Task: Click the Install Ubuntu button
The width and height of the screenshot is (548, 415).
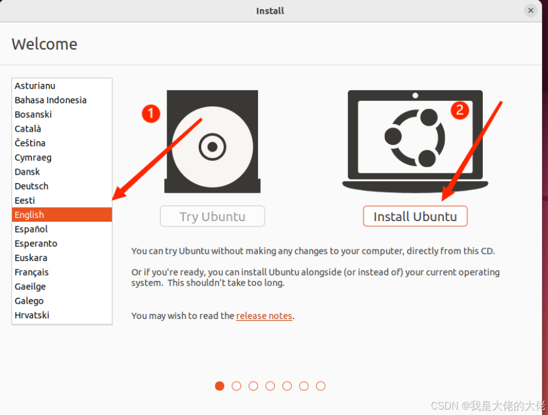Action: pos(415,216)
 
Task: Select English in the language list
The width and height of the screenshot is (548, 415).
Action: pos(62,214)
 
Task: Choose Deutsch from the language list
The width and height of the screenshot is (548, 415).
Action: pos(31,186)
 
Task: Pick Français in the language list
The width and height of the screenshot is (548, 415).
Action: pos(31,272)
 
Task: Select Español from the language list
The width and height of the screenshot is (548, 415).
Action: pos(31,229)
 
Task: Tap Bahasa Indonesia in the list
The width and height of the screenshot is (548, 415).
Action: pos(51,100)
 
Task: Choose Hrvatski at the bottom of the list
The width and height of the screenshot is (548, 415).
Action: pos(32,315)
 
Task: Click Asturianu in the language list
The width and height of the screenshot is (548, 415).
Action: pos(35,86)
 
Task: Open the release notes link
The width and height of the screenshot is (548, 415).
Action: pos(264,316)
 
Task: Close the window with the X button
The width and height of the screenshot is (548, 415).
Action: pos(530,10)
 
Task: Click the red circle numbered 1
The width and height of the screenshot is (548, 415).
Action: pos(151,114)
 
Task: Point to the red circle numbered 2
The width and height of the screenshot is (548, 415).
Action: pos(460,110)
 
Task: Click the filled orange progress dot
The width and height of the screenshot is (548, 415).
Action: pos(219,386)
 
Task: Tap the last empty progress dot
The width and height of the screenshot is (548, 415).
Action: pos(320,386)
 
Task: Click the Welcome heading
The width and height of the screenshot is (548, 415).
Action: pos(44,44)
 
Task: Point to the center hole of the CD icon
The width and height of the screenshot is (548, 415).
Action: pos(213,147)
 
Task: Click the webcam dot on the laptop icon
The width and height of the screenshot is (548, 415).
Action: pos(415,95)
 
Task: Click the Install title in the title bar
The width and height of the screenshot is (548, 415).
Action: pos(270,11)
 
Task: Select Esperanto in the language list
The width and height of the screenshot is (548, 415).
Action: pos(36,243)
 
